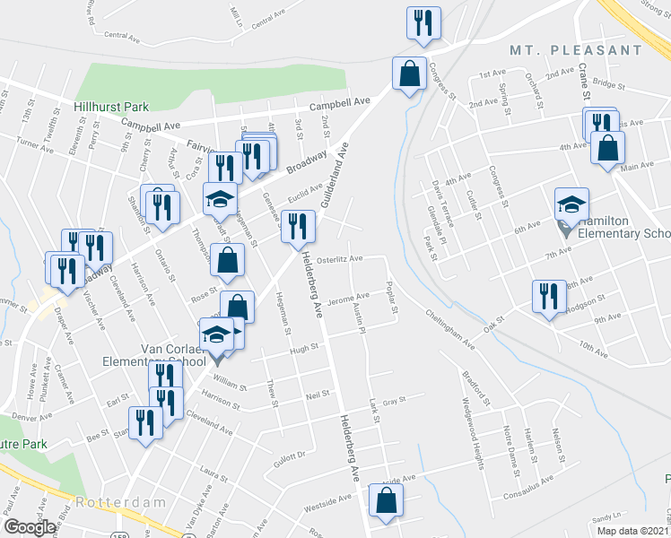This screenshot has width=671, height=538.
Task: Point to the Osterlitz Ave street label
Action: click(x=342, y=259)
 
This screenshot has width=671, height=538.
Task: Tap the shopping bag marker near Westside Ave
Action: click(x=385, y=505)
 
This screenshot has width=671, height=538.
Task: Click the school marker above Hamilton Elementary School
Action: click(x=571, y=205)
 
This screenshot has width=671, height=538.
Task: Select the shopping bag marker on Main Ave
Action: click(x=607, y=150)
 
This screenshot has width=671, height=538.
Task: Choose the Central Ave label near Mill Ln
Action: click(x=122, y=36)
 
